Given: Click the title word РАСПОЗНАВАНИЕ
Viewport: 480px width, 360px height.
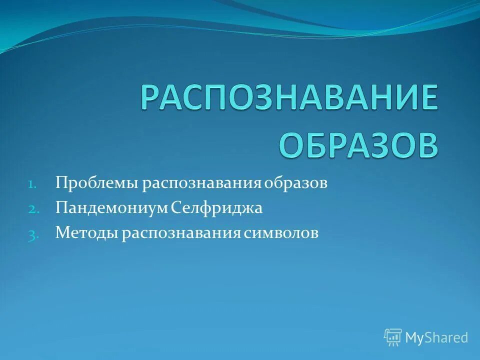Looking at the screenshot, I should (x=289, y=98).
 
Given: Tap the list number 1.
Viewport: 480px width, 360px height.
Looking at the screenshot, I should (x=31, y=183).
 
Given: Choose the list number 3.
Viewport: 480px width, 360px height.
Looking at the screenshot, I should (x=31, y=234).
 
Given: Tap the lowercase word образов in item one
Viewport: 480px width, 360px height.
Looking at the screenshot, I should (x=296, y=183).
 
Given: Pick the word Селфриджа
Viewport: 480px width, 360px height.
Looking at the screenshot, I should (x=216, y=208).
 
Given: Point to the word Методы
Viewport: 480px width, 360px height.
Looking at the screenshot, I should (x=86, y=233).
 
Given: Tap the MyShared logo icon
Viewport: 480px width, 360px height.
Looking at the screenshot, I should (x=393, y=337).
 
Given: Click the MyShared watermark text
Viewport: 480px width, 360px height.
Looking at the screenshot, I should (x=436, y=337).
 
